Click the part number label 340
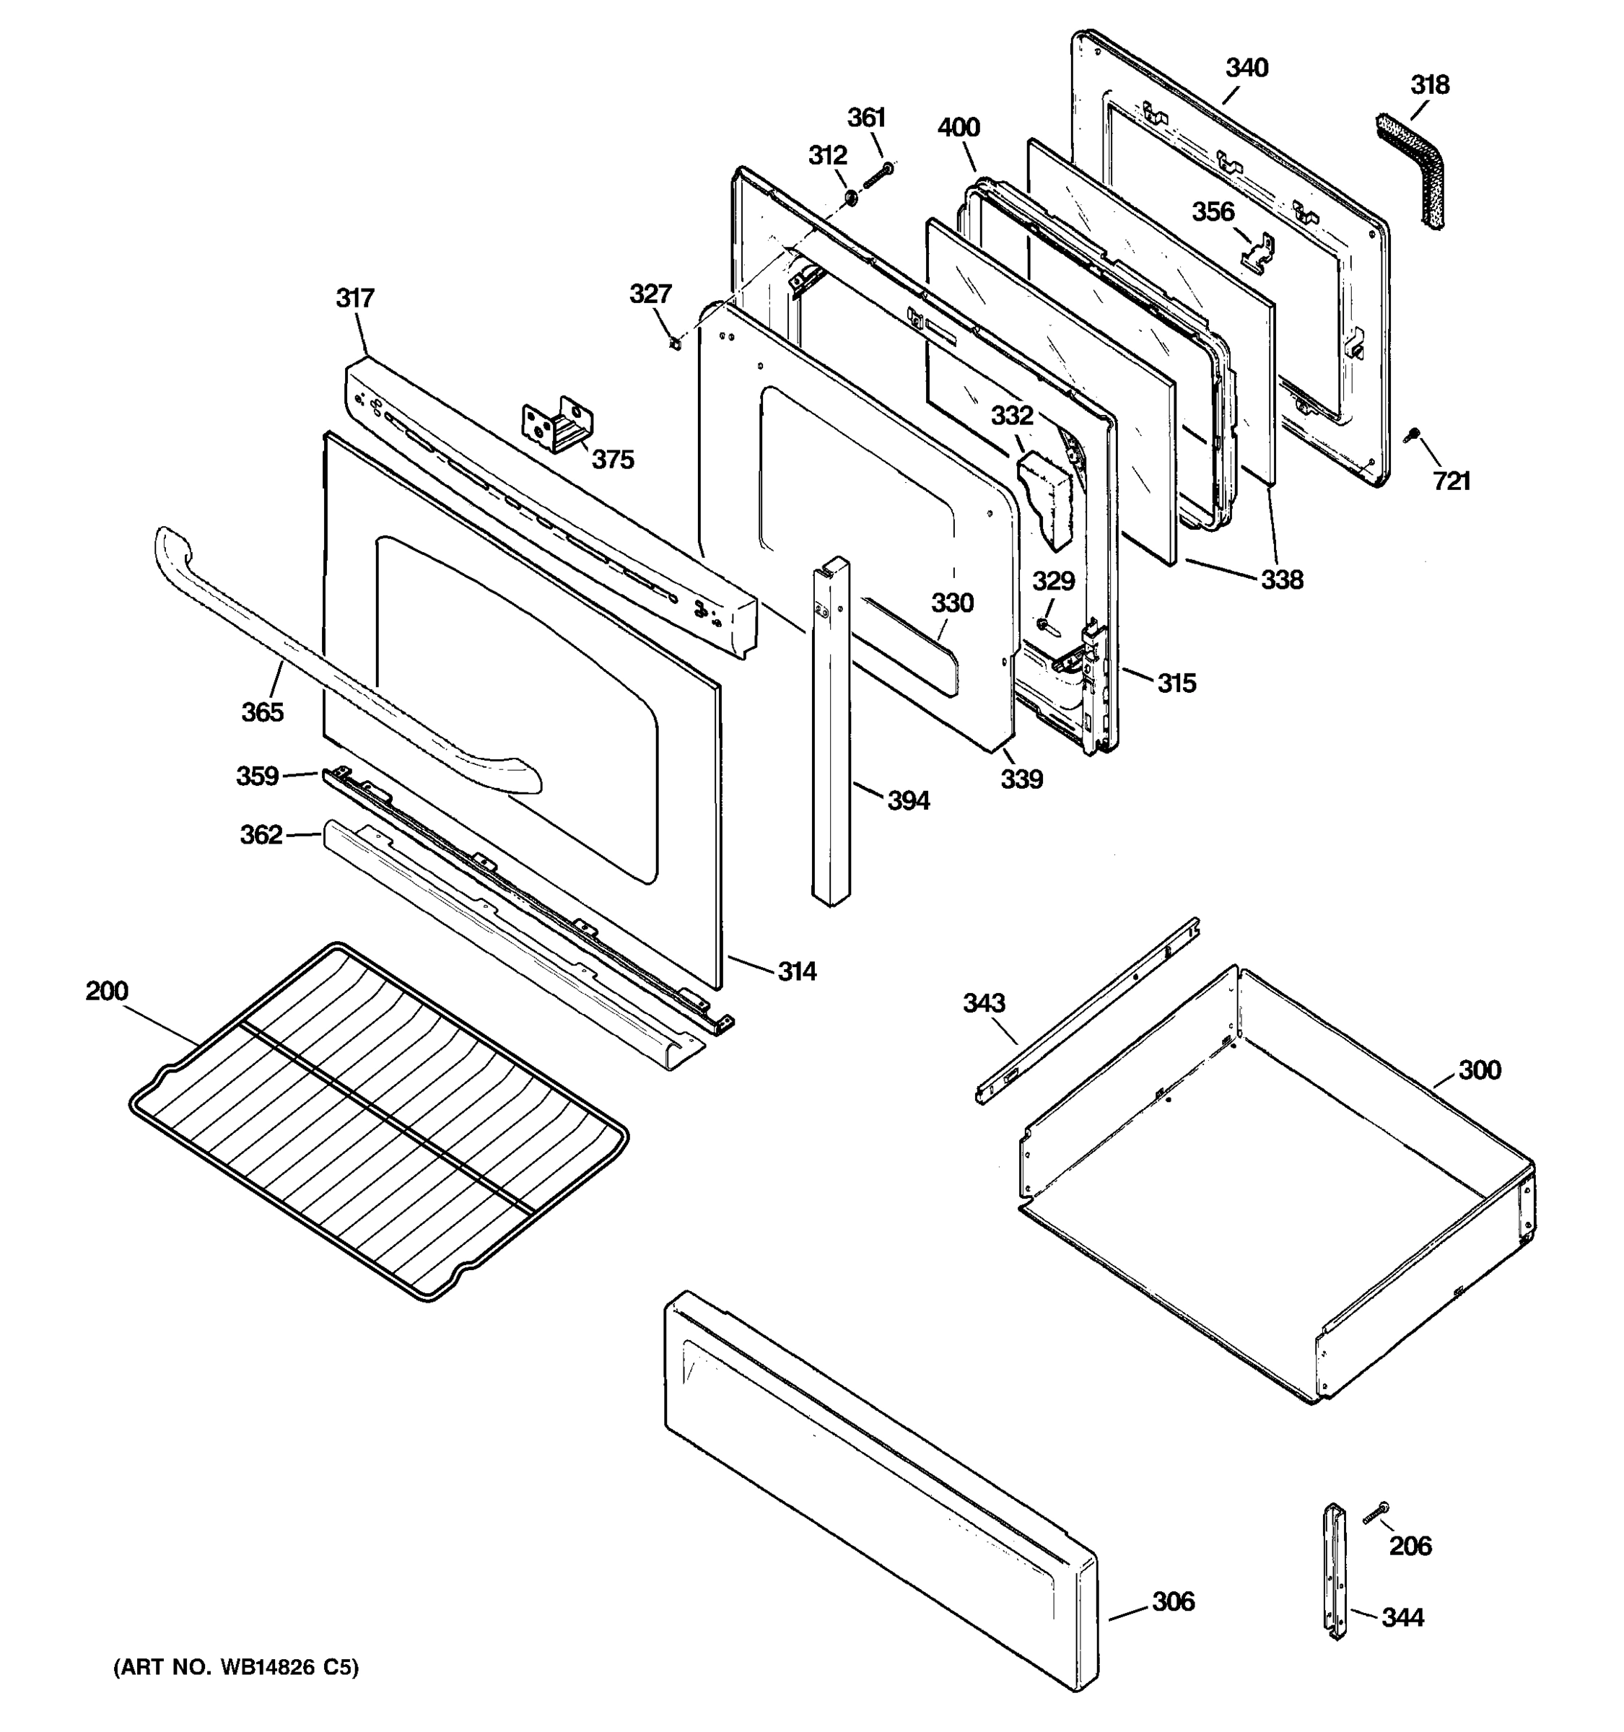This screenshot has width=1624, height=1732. click(x=1246, y=68)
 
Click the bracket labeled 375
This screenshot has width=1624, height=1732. click(x=559, y=424)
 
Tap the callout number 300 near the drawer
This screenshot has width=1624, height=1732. click(x=1480, y=1070)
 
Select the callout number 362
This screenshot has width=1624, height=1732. click(x=261, y=835)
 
